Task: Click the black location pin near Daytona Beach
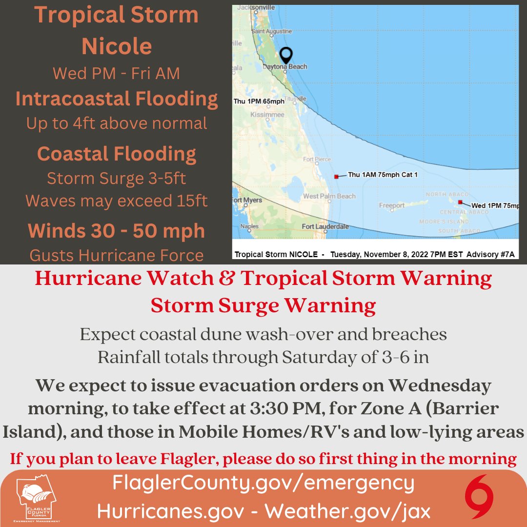click(x=286, y=55)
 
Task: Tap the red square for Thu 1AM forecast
click(x=336, y=176)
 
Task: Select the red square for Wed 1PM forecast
click(x=460, y=202)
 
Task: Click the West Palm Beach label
click(x=329, y=196)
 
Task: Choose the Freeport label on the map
click(x=392, y=206)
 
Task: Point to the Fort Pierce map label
click(x=317, y=159)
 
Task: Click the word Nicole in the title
click(x=117, y=46)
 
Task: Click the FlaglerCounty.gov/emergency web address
click(x=263, y=483)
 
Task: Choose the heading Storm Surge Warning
click(x=263, y=305)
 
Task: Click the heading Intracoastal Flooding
click(x=117, y=99)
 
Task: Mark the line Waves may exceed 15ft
click(x=117, y=201)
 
